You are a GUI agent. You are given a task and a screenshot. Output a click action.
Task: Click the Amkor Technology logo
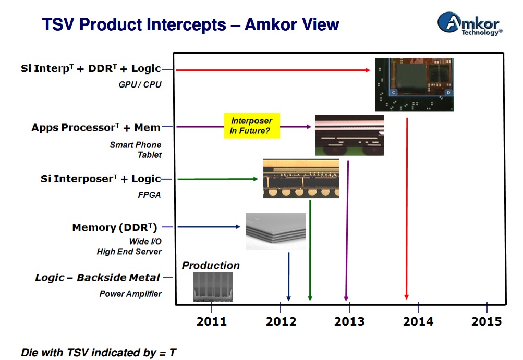[x=469, y=24]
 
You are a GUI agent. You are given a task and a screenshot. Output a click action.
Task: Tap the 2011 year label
[x=212, y=321]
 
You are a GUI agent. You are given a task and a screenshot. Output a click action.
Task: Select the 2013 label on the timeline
[x=349, y=321]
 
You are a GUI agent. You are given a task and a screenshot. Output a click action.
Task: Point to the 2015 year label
[x=486, y=321]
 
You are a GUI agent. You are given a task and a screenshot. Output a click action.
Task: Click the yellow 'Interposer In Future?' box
[x=252, y=126]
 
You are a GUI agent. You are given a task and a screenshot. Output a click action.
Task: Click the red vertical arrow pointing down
[x=407, y=208]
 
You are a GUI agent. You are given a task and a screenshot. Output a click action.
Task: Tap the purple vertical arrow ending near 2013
[x=347, y=229]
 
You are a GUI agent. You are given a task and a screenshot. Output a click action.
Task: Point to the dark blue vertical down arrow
[x=288, y=276]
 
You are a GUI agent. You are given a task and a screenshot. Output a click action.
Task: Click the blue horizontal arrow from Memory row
[x=209, y=227]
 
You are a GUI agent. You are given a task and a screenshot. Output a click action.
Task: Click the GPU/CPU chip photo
[x=414, y=84]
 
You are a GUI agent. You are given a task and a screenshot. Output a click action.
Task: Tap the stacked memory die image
[x=275, y=230]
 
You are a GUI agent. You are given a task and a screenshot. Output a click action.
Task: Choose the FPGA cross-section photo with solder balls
[x=300, y=179]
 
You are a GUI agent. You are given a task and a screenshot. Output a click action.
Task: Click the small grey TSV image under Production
[x=213, y=287]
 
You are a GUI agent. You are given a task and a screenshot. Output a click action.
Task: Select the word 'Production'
[x=211, y=266]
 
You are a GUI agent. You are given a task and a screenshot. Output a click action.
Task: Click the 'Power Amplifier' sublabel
[x=130, y=294]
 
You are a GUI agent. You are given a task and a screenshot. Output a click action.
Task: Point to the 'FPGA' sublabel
[x=150, y=195]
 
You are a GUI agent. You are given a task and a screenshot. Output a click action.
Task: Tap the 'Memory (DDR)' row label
[x=115, y=227]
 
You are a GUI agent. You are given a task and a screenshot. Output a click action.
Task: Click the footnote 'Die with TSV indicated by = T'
[x=98, y=352]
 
